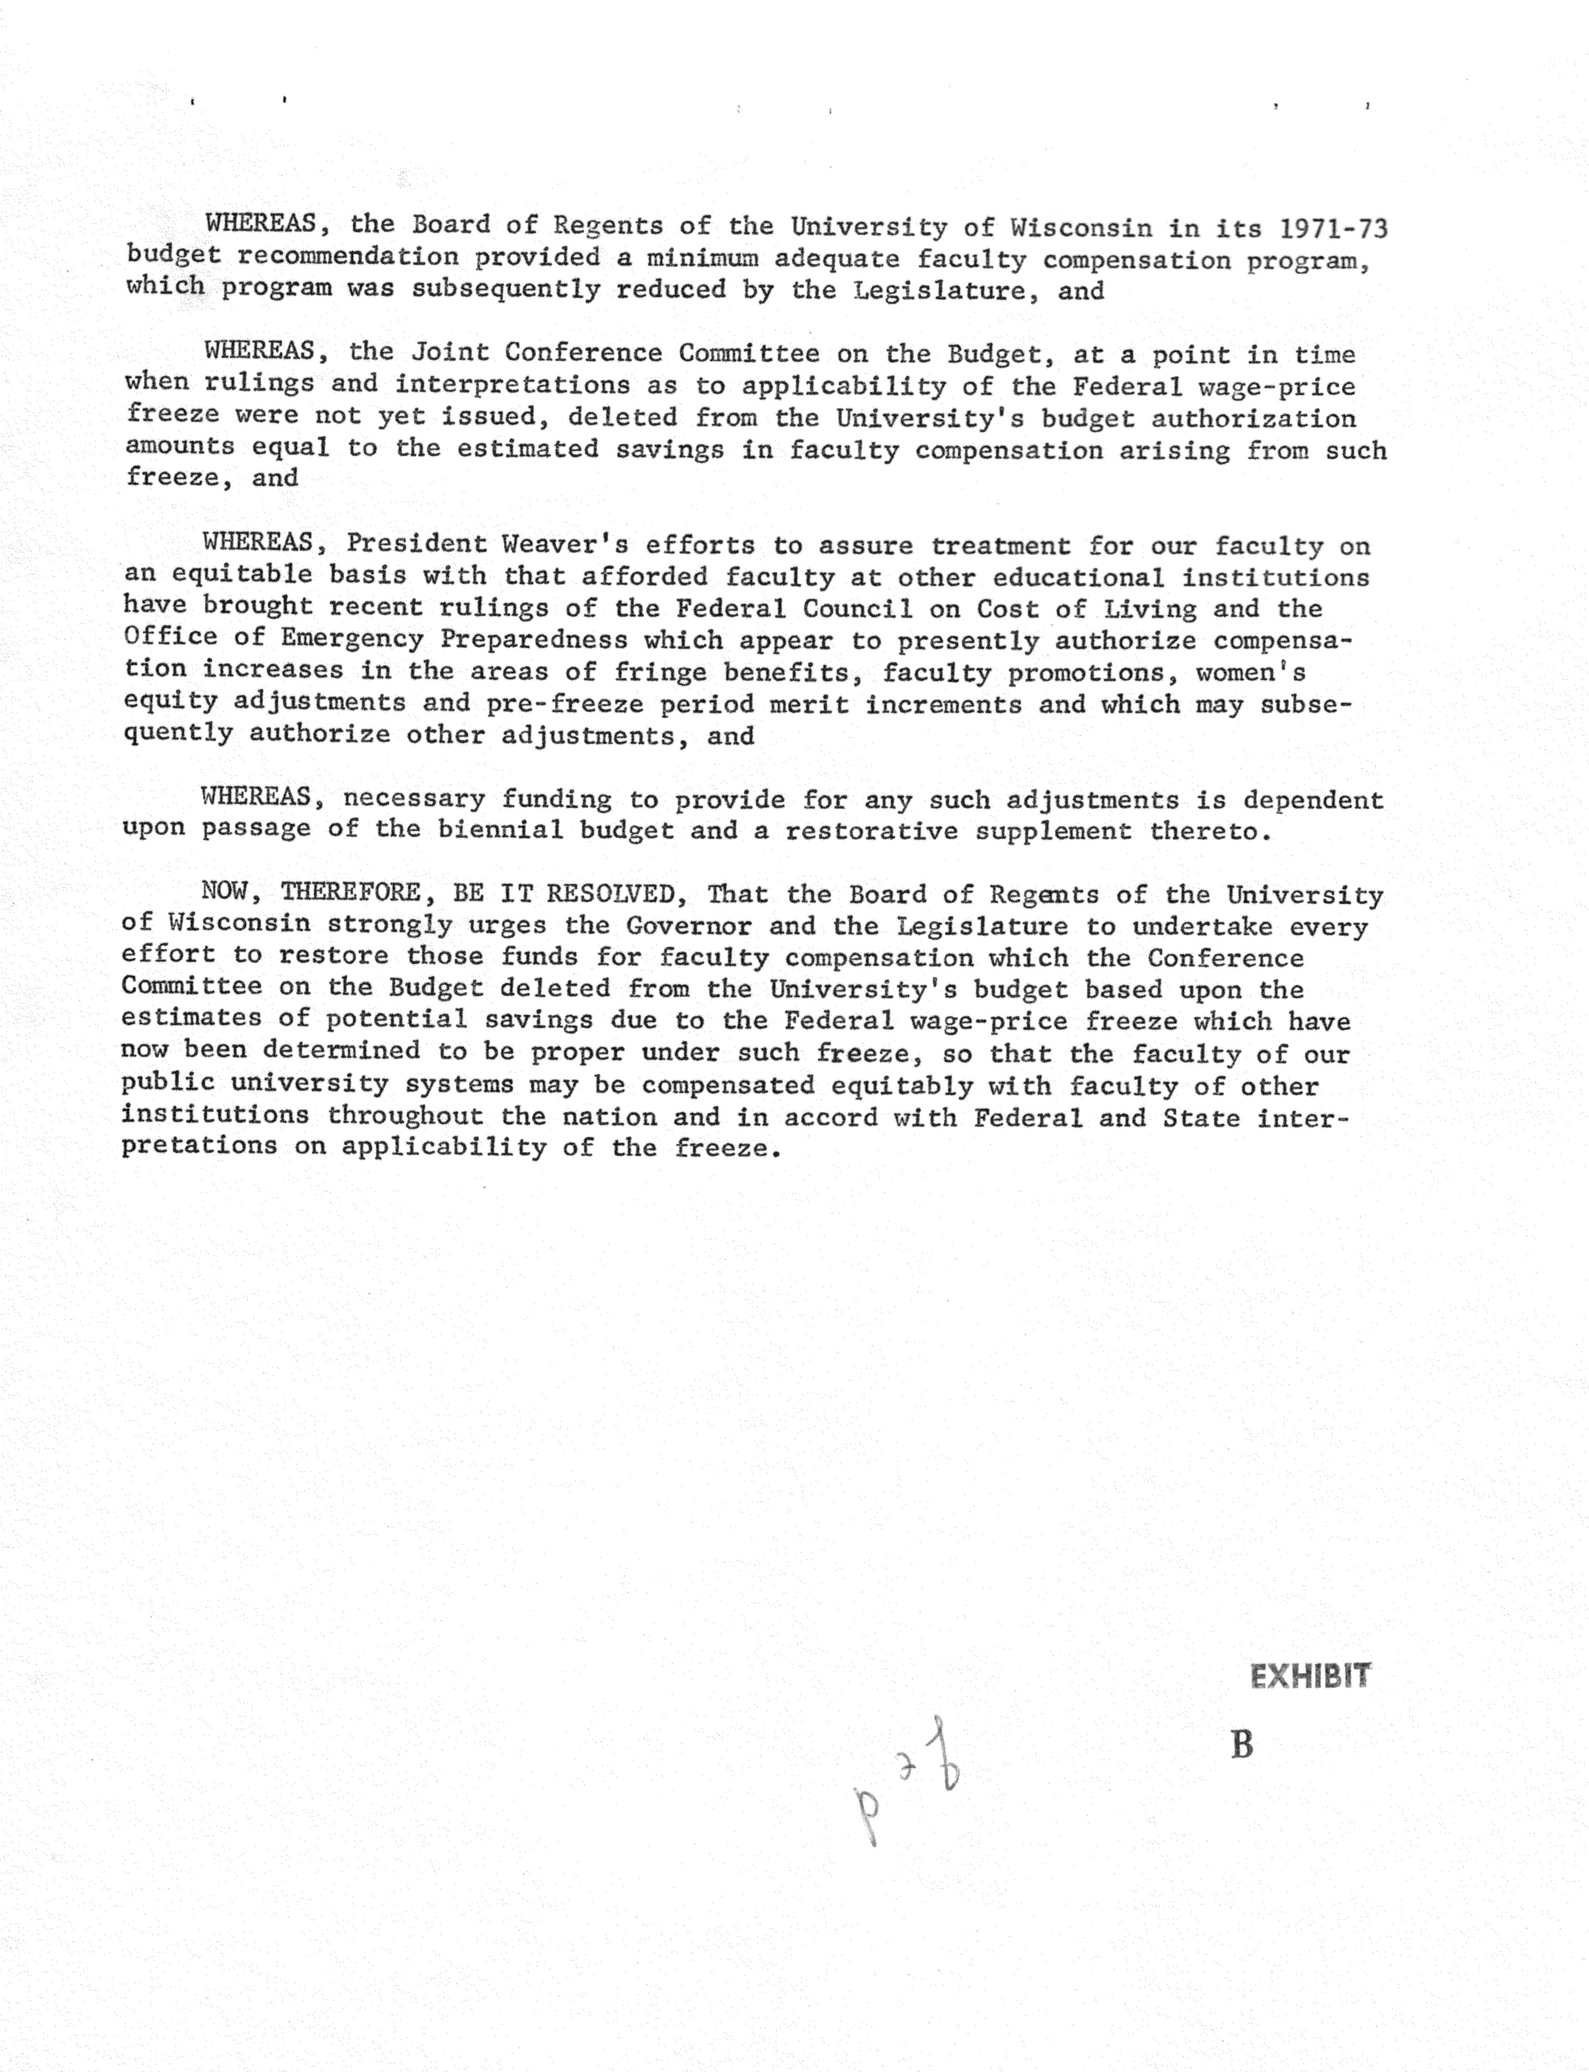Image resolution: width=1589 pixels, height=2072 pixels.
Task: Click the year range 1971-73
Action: coord(1334,229)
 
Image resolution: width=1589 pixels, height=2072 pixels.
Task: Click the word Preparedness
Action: coord(534,640)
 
